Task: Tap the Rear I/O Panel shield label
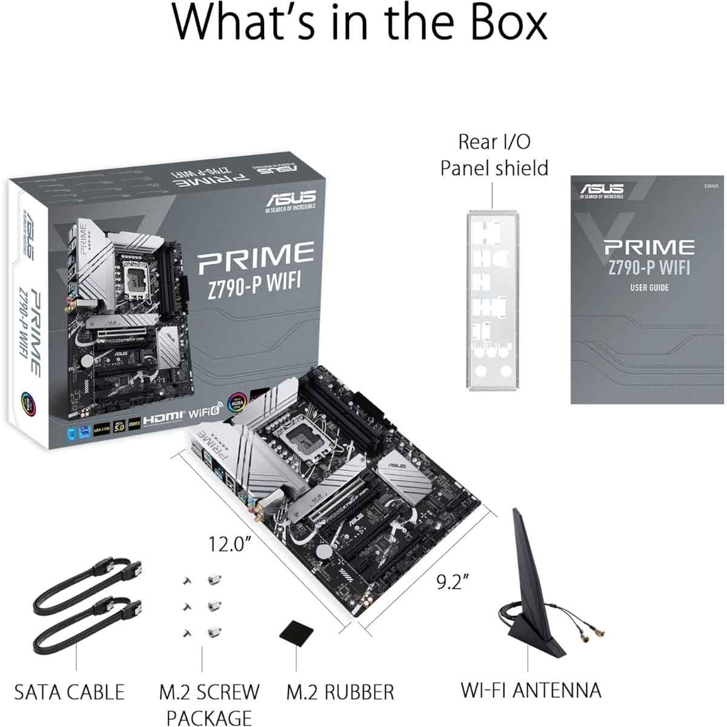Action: [494, 154]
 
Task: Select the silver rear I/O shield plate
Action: [493, 300]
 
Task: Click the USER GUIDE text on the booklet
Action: [649, 287]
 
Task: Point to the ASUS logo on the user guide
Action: [601, 190]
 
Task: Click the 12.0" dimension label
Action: [230, 543]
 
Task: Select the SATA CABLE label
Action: [69, 692]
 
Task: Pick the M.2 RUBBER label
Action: [340, 692]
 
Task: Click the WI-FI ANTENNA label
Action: [531, 690]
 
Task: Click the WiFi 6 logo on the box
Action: [206, 416]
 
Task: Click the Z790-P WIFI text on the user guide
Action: [649, 267]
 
